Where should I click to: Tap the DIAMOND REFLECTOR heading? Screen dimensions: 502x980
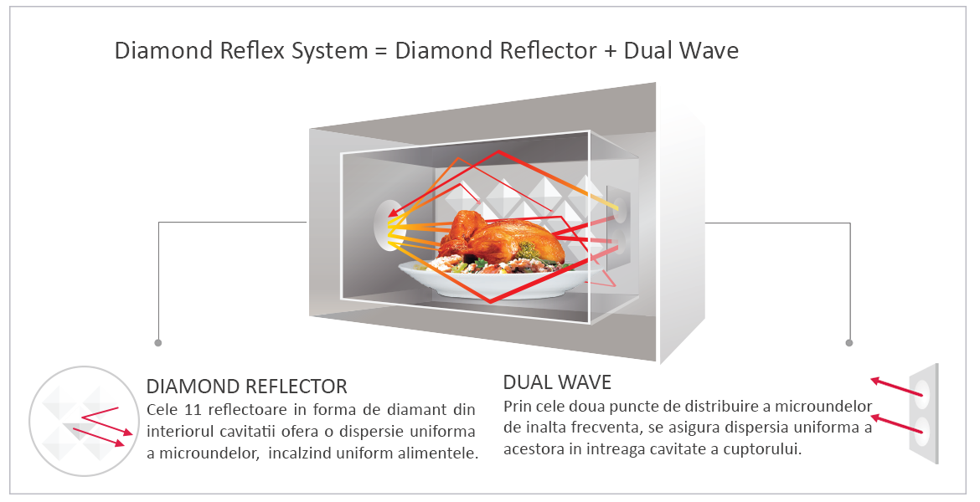pos(246,387)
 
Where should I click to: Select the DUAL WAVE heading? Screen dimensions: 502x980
pos(557,382)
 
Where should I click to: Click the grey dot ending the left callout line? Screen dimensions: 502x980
pos(158,343)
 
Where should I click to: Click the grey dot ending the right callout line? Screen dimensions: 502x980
pos(849,343)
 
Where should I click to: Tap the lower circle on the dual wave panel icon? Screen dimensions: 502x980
pos(924,432)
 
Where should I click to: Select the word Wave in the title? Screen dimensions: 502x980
pos(710,51)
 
